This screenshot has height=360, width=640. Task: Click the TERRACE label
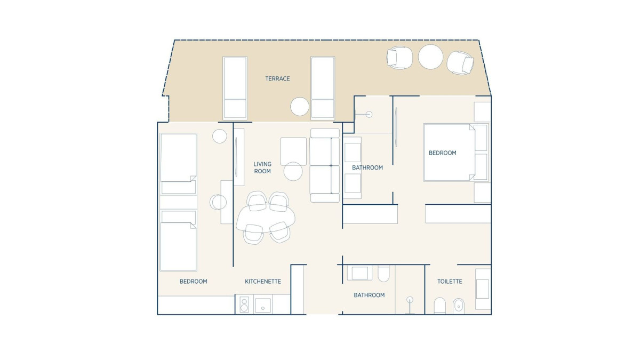277,78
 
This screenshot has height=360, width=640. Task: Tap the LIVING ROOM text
262,167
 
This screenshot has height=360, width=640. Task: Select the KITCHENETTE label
263,282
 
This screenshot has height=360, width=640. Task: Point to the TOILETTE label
450,282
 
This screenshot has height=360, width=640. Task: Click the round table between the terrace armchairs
430,57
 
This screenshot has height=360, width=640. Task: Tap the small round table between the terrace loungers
300,107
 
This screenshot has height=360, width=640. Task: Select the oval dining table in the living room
266,219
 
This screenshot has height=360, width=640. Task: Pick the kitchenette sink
263,306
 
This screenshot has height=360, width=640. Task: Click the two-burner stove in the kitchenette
244,305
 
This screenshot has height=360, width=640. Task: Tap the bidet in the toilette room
458,306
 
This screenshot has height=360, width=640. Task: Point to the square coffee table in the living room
293,151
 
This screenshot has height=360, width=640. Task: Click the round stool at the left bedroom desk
218,202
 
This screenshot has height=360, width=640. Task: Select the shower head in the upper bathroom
369,115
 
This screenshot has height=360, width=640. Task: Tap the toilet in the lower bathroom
383,274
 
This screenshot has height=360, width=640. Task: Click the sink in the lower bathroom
359,273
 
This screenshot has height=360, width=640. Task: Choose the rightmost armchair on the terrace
460,63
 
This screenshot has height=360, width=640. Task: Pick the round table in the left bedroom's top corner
220,136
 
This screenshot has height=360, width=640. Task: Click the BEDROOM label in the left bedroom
194,282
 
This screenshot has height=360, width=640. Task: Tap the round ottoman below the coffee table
293,171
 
